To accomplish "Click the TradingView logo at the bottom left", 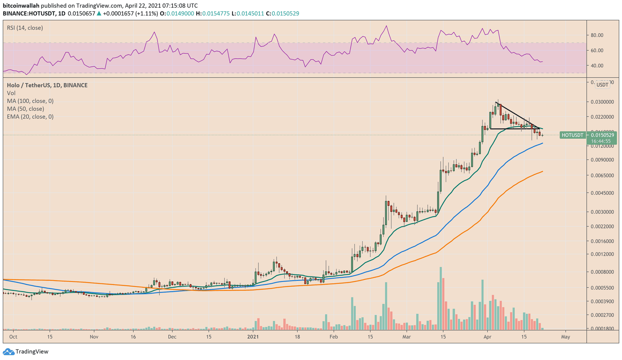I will click(x=26, y=351).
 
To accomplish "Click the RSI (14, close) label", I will click(x=25, y=28).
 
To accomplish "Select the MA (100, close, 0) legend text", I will click(x=30, y=101).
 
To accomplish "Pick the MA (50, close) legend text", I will click(x=25, y=109).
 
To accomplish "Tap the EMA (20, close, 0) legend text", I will click(x=30, y=117).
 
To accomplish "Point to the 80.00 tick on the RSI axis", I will click(x=597, y=35).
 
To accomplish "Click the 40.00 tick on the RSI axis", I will click(x=597, y=65).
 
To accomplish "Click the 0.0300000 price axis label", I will click(x=602, y=102).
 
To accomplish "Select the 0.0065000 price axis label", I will click(x=602, y=175).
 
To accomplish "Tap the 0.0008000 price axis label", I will click(x=602, y=272).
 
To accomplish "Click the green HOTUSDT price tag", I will click(x=572, y=135).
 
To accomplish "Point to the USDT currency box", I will click(x=602, y=85).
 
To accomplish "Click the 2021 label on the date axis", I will click(x=253, y=337).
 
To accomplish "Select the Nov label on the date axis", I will click(x=94, y=337).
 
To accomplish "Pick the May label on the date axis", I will click(x=565, y=337).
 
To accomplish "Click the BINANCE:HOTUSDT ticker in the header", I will click(x=30, y=14).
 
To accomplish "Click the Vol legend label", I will click(x=11, y=93).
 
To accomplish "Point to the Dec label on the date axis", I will click(x=172, y=337).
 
